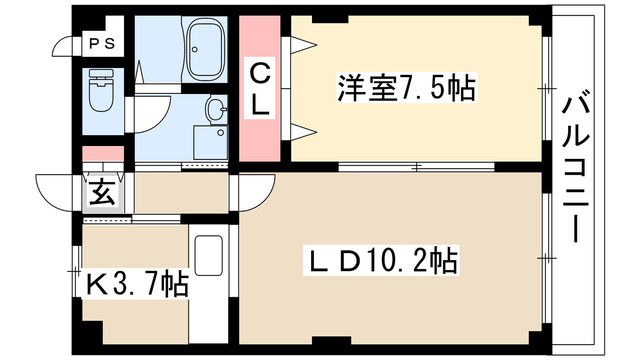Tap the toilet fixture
(x=101, y=92)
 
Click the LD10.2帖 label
(x=380, y=262)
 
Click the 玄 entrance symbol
(x=103, y=191)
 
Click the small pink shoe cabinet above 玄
(x=103, y=155)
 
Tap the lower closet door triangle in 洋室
(x=302, y=128)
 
